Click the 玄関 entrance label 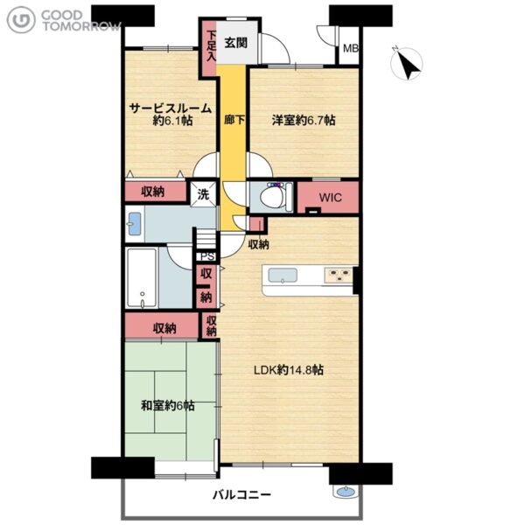[236, 43]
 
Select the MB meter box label [351, 48]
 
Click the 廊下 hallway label [234, 120]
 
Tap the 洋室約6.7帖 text [304, 120]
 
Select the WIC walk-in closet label [330, 198]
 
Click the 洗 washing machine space [203, 194]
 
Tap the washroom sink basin [135, 224]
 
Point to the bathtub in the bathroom [142, 278]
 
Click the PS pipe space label [207, 256]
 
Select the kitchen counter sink [283, 276]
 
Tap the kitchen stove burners [338, 276]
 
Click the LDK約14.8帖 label [288, 370]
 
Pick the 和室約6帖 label [167, 406]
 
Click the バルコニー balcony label [242, 495]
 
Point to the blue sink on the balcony [346, 492]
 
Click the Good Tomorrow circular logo [21, 20]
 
